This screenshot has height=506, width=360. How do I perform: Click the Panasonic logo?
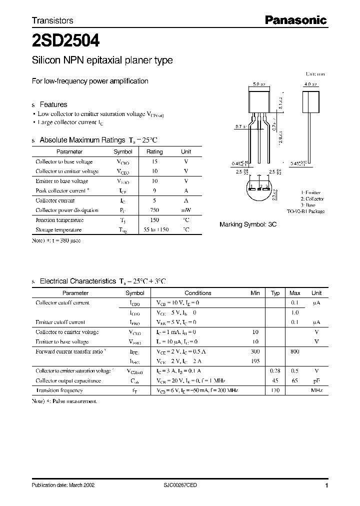[x=295, y=20]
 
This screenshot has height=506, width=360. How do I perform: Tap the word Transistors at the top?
[x=52, y=20]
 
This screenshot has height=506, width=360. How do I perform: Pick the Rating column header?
[x=154, y=151]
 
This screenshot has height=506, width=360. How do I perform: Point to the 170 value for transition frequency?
[x=275, y=390]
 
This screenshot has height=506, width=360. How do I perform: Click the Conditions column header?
[x=198, y=293]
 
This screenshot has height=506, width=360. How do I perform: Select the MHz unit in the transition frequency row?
[x=316, y=390]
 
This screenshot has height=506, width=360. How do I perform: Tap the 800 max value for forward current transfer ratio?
[x=294, y=351]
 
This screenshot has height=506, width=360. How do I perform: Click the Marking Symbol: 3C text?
[x=248, y=225]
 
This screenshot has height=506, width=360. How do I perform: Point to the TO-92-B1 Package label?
[x=306, y=211]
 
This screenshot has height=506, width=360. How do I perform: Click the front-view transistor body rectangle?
[x=260, y=100]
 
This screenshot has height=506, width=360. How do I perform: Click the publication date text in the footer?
[x=63, y=485]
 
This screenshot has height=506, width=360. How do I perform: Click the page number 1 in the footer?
[x=326, y=485]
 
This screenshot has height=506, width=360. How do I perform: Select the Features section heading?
[x=53, y=104]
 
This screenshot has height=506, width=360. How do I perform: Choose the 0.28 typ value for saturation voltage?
[x=275, y=371]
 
